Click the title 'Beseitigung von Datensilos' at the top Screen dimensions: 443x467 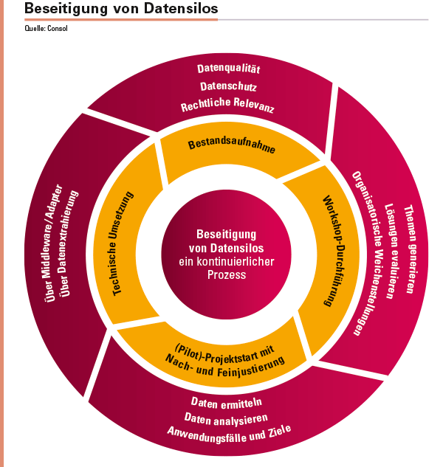(x=121, y=8)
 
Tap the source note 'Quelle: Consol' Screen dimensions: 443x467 (x=47, y=28)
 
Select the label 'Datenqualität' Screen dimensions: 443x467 (x=229, y=69)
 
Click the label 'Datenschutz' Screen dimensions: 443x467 (x=228, y=86)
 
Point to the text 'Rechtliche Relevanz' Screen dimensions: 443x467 (x=227, y=105)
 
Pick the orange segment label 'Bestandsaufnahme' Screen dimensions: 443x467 (x=232, y=145)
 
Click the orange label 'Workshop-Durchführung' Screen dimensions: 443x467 (x=334, y=251)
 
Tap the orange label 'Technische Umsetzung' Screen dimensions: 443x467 (x=123, y=243)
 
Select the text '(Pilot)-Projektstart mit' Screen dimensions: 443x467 (x=224, y=353)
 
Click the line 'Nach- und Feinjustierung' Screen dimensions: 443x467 (x=225, y=366)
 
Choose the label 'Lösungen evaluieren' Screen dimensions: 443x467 (x=391, y=251)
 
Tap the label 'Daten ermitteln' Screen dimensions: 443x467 (x=227, y=403)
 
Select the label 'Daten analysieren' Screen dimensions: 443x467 (x=226, y=419)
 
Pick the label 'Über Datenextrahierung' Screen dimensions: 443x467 (x=69, y=243)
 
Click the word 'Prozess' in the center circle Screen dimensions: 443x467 (x=227, y=274)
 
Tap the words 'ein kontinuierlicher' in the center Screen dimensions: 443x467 (x=227, y=261)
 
